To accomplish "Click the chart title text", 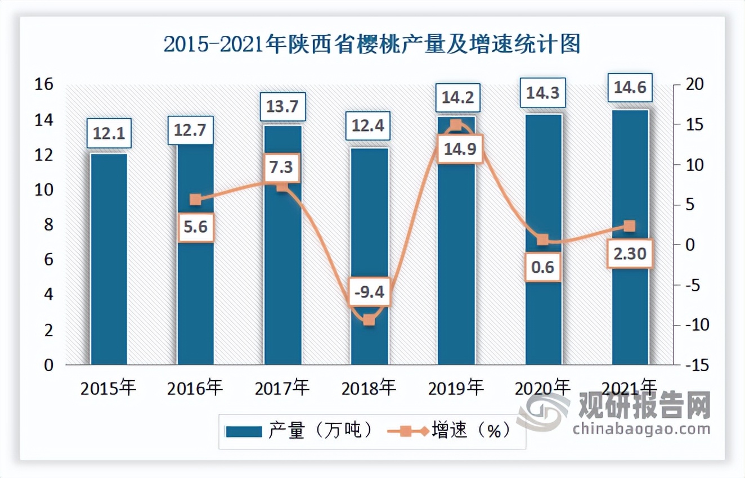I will click(372, 44).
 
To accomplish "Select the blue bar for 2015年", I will click(109, 259).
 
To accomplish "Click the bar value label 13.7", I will click(282, 106).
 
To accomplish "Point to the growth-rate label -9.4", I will click(369, 292).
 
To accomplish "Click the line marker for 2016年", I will click(195, 200).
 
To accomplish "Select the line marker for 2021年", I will click(630, 226).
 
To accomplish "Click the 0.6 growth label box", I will click(543, 267).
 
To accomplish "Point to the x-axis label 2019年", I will click(455, 388).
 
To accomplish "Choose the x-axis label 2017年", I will click(281, 388).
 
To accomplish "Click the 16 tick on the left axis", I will click(44, 84).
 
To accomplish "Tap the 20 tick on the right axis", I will click(690, 84).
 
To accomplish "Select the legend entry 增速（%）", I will click(450, 431).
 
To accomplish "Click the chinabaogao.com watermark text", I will click(641, 430).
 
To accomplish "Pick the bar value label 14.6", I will click(630, 88).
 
